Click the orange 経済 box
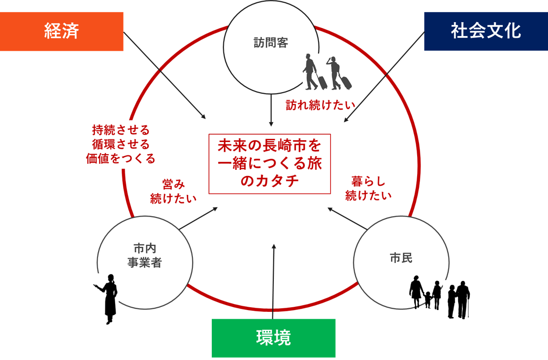pos(62,31)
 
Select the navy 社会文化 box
pos(486,31)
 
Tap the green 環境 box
pos(273,338)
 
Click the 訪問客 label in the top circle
pos(271,43)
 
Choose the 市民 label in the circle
pos(401,258)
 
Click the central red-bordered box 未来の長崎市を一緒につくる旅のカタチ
pos(270,164)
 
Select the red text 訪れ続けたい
pos(320,105)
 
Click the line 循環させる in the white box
pos(121,144)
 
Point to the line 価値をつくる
pos(121,158)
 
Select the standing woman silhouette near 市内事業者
pos(108,298)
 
